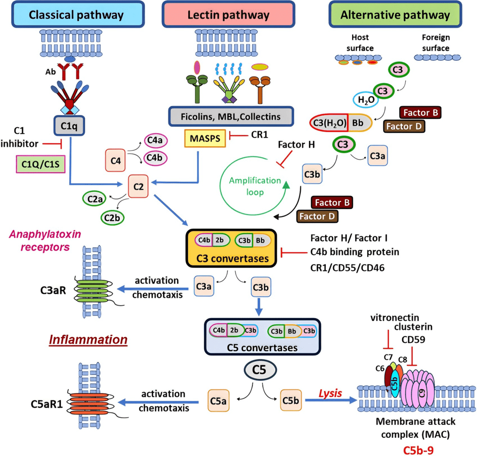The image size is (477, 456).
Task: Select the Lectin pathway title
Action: [x=228, y=15]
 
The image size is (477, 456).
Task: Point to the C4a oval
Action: [x=156, y=141]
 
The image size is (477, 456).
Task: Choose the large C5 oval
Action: [x=260, y=369]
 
